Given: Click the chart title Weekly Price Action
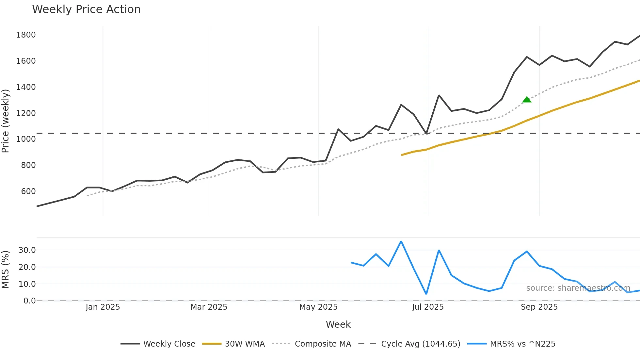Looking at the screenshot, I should pos(86,9).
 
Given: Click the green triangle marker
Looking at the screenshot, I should pos(527,100).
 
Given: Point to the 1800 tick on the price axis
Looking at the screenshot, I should pos(26,35).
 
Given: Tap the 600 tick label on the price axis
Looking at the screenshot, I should pos(28,191).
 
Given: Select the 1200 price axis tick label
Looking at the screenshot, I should pos(26,113).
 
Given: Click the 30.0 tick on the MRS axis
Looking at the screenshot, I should pos(27,250).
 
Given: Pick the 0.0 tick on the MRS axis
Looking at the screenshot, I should pos(29,301).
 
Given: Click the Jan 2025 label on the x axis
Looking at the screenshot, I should pos(103,307).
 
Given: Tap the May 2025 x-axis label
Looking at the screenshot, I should pos(318,307).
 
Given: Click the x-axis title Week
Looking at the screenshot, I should pos(338,324).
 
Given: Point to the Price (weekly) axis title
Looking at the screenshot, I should pos(6,121).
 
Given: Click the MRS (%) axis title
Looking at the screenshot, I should pos(6,270).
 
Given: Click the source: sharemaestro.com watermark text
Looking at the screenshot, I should pos(578,288).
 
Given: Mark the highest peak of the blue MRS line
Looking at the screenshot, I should pos(401,241).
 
